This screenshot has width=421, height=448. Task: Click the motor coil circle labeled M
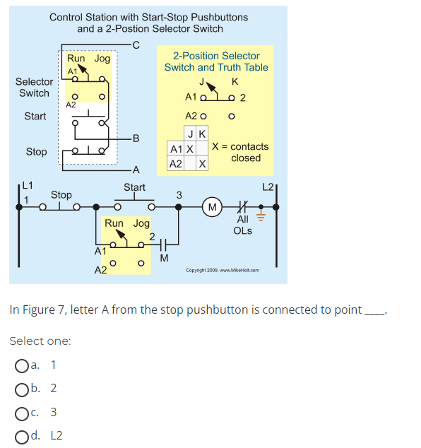[x=211, y=207]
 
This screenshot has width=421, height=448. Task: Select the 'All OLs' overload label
[x=242, y=225]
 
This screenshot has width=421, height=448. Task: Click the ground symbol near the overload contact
[x=261, y=211]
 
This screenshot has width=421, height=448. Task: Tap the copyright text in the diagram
[x=223, y=270]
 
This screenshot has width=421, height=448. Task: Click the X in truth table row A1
[x=190, y=150]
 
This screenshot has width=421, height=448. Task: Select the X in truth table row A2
[x=202, y=164]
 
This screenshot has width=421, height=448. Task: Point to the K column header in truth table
[x=202, y=134]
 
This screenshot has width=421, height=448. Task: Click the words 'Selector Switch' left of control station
[x=34, y=88]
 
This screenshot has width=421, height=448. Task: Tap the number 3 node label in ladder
[x=179, y=194]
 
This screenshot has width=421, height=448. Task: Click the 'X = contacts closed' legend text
[x=240, y=152]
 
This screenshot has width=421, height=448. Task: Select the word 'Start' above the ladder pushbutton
[x=134, y=187]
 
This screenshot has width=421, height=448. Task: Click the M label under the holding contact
[x=163, y=257]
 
